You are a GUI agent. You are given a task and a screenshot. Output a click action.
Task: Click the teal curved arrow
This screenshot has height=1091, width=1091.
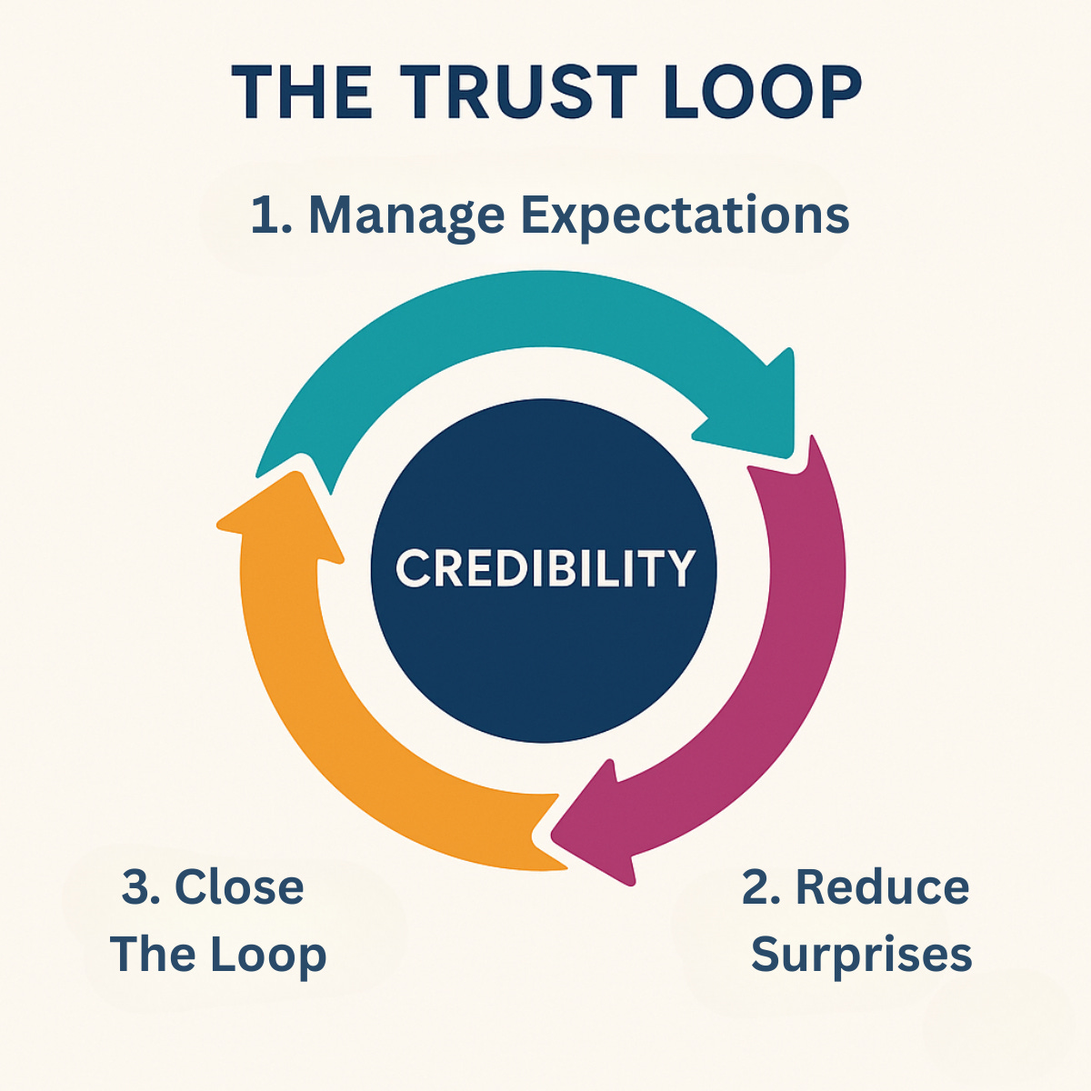509,314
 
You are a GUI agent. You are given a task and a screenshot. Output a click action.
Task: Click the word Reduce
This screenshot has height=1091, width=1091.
882,887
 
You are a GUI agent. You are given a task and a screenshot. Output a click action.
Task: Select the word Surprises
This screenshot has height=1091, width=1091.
861,955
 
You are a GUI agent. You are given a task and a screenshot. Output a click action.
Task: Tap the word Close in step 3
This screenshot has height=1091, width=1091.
239,887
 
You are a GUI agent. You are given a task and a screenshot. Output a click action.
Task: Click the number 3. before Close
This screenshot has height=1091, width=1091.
141,887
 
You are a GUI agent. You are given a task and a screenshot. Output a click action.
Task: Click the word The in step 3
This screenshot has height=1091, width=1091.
154,955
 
